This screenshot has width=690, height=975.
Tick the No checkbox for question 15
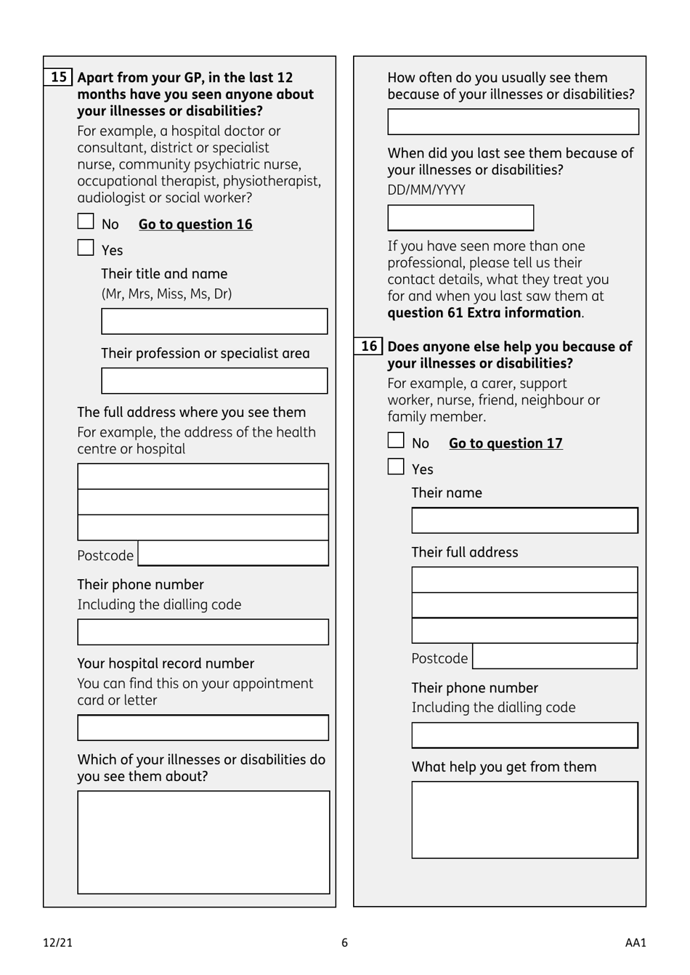86,222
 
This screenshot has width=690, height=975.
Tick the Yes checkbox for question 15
86,248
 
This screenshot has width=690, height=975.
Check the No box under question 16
396,440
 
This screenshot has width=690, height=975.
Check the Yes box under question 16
396,466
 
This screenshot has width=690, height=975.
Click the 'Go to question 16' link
195,224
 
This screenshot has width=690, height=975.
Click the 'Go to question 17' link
506,443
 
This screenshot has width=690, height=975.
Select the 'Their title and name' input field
214,321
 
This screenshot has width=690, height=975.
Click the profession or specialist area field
214,381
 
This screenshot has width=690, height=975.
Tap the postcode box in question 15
233,554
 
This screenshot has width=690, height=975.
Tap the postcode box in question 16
555,657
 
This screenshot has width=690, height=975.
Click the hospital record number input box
203,727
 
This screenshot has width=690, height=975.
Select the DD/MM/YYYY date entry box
460,218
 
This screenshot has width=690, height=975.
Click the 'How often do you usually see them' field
513,122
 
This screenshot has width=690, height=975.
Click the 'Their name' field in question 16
524,520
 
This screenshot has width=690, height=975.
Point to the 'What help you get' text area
524,820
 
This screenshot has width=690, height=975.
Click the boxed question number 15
59,77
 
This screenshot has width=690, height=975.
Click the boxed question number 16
369,346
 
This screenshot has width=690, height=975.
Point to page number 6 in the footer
345,942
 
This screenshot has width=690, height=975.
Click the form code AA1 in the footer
635,942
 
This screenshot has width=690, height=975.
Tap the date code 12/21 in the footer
58,942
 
